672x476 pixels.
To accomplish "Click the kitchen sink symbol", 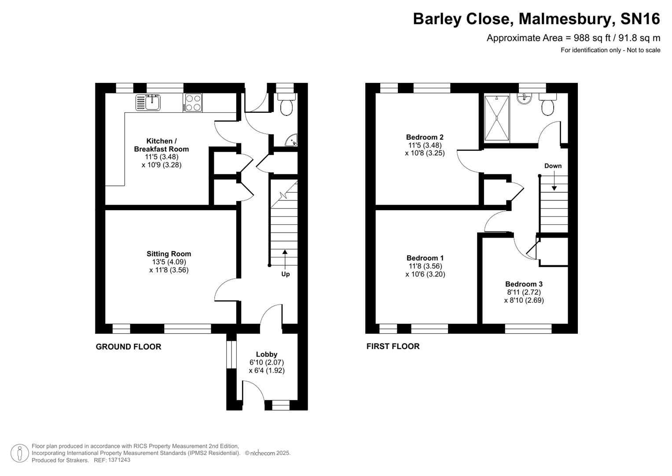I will pos(148,103).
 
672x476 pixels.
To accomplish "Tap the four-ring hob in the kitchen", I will pos(192,103).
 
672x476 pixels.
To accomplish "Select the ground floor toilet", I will pos(286,105).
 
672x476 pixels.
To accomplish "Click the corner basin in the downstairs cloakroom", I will pos(292,141).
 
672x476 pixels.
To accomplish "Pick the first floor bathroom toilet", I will pos(548,105).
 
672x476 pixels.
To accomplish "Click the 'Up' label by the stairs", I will pos(286,274).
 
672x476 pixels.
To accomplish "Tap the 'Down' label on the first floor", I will pos(553,166).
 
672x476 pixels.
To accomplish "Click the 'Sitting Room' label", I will pos(169,254).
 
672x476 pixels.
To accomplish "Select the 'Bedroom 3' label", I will pos(524,284).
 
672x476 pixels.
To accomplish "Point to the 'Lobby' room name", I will pos(267,354).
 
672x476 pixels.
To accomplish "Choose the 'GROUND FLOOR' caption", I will pos(129,347).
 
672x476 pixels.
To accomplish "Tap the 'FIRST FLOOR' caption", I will pos(393,346).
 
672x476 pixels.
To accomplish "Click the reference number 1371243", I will pos(119,460).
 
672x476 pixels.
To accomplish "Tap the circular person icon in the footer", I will pos(20,453).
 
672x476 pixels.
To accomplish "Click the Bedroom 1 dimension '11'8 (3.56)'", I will pos(425,266).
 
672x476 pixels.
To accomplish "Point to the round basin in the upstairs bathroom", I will pos(524,99).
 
